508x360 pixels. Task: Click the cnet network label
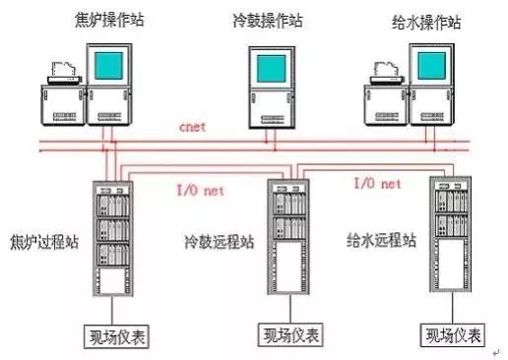click(x=195, y=128)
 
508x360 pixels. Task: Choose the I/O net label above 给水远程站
click(x=378, y=183)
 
